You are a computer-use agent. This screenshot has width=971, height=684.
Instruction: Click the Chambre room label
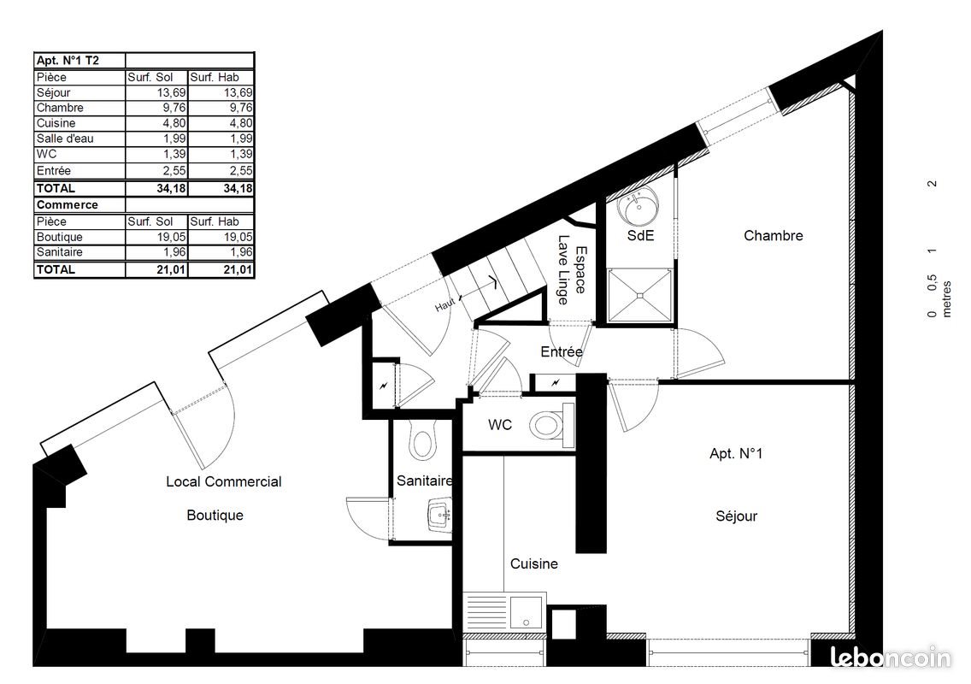click(773, 235)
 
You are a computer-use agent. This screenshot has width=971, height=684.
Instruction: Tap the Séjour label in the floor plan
click(736, 516)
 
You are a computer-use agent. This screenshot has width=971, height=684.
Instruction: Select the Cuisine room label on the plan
click(534, 563)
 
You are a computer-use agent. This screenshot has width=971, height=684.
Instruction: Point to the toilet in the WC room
click(551, 425)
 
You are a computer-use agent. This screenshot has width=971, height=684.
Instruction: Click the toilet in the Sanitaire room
click(423, 440)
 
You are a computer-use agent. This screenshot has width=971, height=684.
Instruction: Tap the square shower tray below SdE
click(639, 296)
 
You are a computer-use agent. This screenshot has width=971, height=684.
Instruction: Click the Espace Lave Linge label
click(572, 270)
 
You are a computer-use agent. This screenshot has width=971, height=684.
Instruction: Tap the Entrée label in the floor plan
click(561, 352)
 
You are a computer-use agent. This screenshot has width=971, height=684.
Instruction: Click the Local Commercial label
click(224, 481)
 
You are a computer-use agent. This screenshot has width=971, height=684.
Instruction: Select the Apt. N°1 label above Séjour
click(736, 453)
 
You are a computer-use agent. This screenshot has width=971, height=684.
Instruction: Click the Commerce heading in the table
click(67, 204)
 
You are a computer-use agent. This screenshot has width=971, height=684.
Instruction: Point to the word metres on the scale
click(946, 299)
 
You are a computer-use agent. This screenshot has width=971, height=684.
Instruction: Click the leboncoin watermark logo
click(891, 657)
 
